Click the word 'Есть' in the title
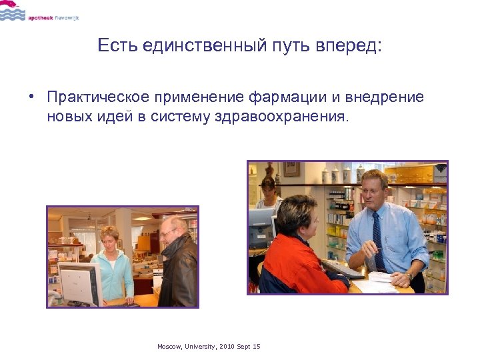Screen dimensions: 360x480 [x=115, y=45]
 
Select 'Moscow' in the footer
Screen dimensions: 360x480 [x=169, y=347]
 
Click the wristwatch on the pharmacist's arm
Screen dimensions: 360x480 [x=409, y=275]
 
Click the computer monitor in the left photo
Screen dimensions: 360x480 [x=78, y=283]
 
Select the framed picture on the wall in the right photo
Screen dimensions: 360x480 [x=291, y=169]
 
